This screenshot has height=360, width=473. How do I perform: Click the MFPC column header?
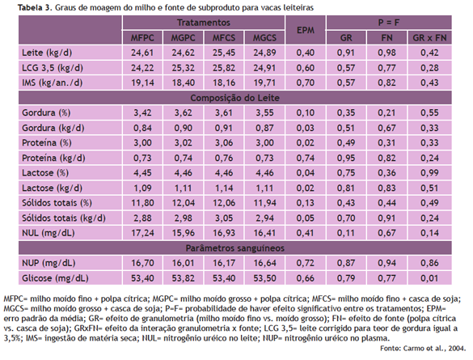[x=142, y=38]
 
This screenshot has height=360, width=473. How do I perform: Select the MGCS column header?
[x=264, y=38]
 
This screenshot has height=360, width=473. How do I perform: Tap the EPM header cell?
[x=306, y=30]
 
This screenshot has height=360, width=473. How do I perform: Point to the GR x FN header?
[x=429, y=38]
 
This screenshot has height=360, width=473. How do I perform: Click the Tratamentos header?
[x=204, y=23]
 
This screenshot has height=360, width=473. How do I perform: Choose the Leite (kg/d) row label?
[x=47, y=53]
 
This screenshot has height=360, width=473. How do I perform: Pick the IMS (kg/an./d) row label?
[x=53, y=83]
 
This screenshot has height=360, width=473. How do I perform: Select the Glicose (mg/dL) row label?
[x=55, y=278]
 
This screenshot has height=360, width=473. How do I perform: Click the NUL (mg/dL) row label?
[x=49, y=233]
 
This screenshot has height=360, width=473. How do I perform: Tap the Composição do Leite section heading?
[x=235, y=98]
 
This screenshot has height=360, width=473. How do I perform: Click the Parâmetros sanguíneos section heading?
[x=235, y=248]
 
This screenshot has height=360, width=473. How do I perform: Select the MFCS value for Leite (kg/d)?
[x=224, y=53]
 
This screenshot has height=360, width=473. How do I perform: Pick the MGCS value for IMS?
[x=264, y=83]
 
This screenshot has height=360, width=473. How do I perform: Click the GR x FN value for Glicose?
[x=429, y=278]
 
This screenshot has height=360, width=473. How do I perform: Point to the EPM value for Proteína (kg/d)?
[x=306, y=158]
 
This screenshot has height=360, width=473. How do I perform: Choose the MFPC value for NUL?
[x=142, y=233]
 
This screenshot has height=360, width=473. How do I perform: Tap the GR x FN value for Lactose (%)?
[x=429, y=173]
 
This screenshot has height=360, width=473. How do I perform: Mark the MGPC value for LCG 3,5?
[x=183, y=68]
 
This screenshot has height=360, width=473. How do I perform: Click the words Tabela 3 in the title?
[x=35, y=8]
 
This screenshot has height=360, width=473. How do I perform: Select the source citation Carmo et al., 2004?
[x=422, y=348]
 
